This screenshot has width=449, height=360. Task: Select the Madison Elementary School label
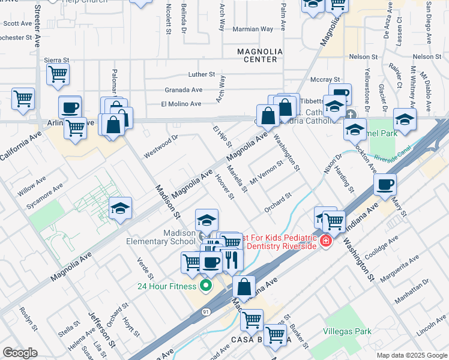[x=170, y=237]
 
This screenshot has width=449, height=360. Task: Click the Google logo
[x=20, y=353]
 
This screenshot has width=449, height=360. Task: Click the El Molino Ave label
[x=181, y=104]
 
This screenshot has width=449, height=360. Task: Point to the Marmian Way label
[x=253, y=29]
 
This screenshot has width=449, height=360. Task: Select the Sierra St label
[x=57, y=60]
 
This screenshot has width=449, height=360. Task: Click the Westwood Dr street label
[x=161, y=145]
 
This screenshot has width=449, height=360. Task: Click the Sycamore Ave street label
[x=44, y=196]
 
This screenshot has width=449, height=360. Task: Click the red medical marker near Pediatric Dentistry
[x=325, y=241]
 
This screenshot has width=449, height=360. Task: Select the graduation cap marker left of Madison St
[x=120, y=208]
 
